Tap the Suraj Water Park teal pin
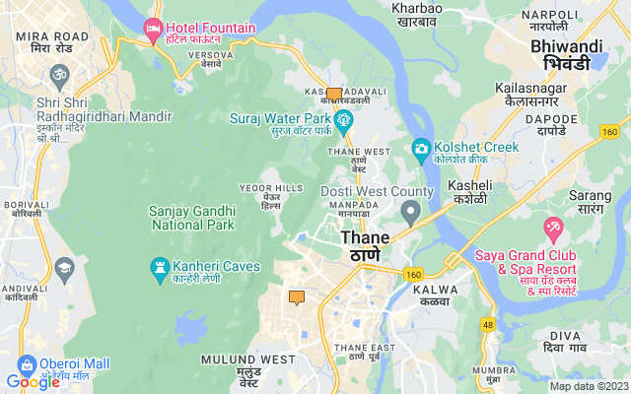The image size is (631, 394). [x=344, y=122]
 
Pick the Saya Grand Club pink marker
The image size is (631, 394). [x=553, y=230]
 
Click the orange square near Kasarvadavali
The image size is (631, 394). [x=334, y=96]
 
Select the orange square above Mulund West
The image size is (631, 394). [x=297, y=297]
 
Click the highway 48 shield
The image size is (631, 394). [x=488, y=324]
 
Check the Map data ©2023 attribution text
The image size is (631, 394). [x=588, y=386]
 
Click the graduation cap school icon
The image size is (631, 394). [x=65, y=267]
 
